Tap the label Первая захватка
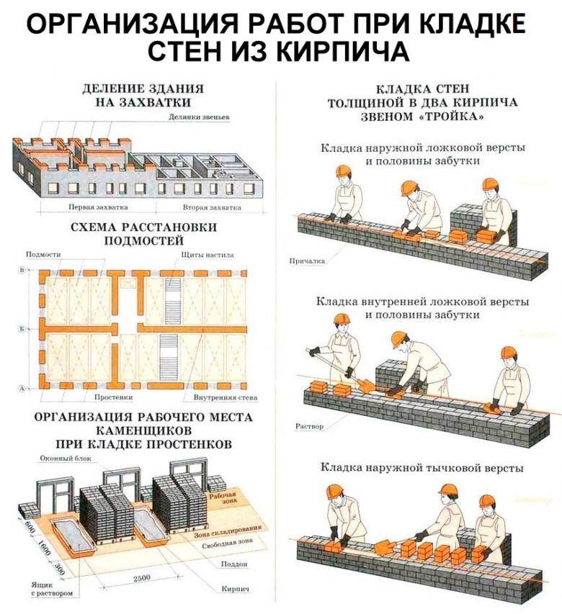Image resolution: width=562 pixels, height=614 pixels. point(98,207)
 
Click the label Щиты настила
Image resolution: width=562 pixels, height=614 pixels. point(209,255)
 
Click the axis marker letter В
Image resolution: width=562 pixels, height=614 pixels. point(22,270)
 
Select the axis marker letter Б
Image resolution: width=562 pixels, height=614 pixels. point(22,328)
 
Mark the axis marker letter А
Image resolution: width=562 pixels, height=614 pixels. point(22,388)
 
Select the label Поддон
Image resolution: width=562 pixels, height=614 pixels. point(236,563)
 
